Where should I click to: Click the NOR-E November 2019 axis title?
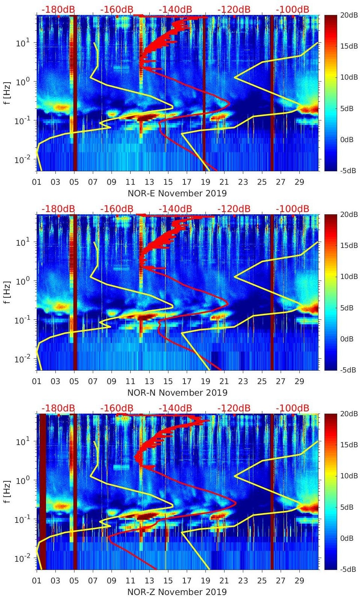click(177, 193)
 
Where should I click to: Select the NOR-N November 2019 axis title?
click(177, 393)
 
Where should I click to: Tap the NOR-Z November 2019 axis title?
click(177, 592)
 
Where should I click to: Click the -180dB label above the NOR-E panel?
click(58, 9)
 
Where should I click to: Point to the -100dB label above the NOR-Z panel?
click(293, 408)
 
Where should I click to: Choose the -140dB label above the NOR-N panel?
click(175, 209)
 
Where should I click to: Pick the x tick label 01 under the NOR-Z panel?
click(37, 581)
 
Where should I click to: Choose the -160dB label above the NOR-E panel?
click(117, 9)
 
